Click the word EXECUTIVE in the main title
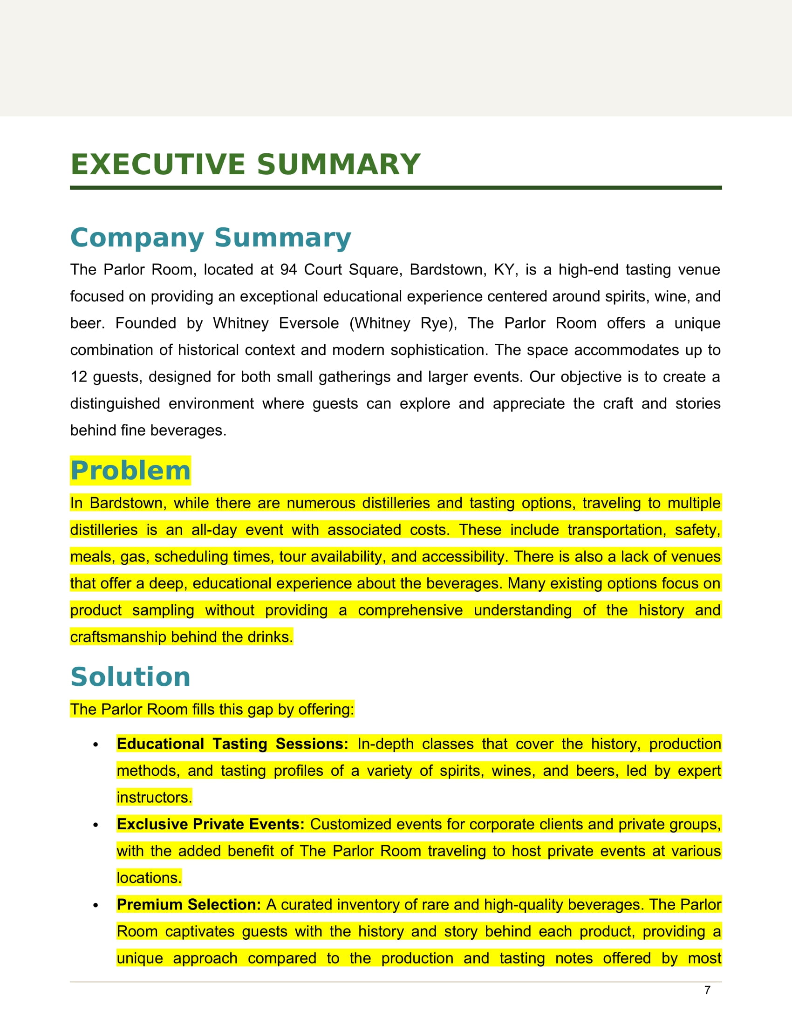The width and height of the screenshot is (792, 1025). click(157, 165)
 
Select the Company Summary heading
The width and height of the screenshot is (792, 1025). click(210, 238)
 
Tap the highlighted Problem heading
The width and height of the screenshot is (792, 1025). click(130, 471)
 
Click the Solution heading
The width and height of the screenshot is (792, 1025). click(130, 677)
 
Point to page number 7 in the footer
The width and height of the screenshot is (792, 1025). click(707, 990)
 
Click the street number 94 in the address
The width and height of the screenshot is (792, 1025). click(288, 270)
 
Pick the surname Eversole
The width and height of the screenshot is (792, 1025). click(309, 323)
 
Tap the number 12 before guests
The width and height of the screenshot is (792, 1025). click(78, 377)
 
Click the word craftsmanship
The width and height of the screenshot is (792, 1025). click(118, 637)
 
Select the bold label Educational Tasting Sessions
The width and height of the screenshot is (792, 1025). click(232, 744)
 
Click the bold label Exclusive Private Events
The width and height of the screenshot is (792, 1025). click(211, 824)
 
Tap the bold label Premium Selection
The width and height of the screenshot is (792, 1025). click(189, 904)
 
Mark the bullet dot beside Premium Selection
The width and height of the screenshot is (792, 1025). click(96, 905)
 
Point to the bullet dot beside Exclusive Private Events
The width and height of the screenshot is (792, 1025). click(96, 825)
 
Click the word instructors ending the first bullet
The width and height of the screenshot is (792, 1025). click(154, 797)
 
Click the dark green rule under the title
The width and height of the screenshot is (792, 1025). click(396, 188)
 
